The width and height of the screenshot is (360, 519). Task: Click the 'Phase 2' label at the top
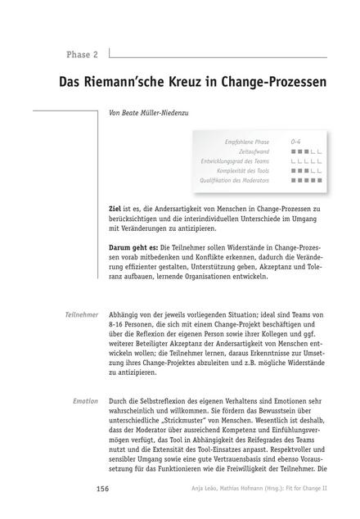83,55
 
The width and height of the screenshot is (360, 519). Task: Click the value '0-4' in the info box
296,141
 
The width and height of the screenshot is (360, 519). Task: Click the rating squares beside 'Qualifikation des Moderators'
306,180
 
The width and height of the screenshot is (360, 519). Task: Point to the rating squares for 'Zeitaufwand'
306,151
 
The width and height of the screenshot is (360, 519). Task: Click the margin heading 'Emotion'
85,401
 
